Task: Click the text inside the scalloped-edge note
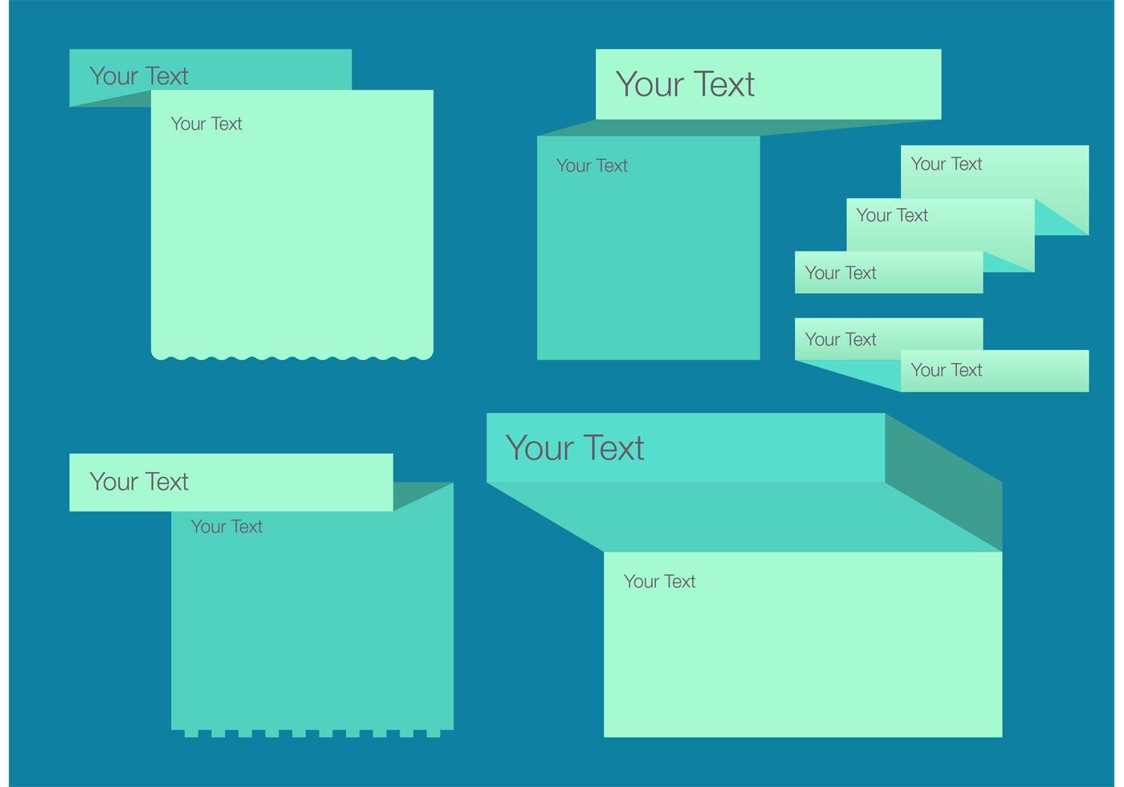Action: [x=206, y=124]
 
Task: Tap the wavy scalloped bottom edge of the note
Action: [x=292, y=357]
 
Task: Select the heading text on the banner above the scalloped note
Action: [x=139, y=76]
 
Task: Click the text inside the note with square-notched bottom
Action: [x=226, y=527]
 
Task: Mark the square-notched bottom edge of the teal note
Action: [x=312, y=733]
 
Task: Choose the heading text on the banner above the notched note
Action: [x=139, y=482]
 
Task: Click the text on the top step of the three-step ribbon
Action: [x=947, y=164]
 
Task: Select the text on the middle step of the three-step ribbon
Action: [x=892, y=215]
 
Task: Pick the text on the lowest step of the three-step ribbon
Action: [x=841, y=273]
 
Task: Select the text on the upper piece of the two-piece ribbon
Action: [x=841, y=340]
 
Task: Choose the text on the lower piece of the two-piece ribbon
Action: [x=947, y=370]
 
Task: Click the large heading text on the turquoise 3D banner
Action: [x=575, y=448]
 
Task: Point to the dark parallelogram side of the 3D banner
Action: [x=944, y=483]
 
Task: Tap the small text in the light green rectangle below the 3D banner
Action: [x=659, y=581]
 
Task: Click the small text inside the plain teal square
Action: [x=592, y=165]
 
